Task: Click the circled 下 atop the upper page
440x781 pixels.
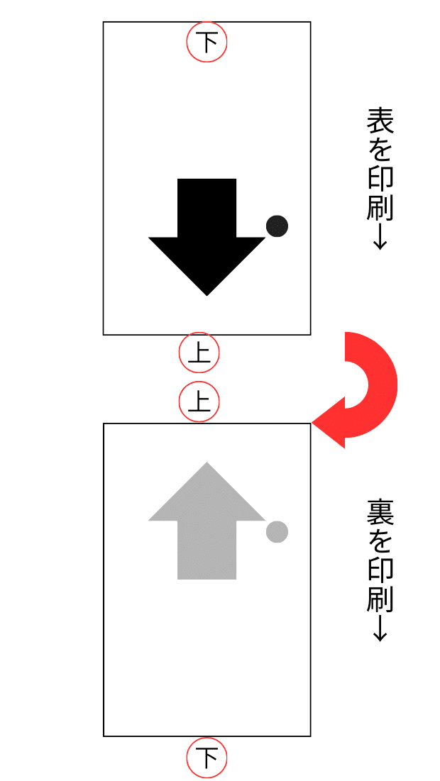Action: (207, 43)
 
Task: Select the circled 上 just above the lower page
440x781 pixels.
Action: (199, 402)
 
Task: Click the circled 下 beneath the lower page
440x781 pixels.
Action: (207, 758)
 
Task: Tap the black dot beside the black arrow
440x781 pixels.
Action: (277, 226)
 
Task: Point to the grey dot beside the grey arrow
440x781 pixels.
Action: (277, 531)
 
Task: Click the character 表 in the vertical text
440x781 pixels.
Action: (380, 122)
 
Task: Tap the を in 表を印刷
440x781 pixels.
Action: (380, 150)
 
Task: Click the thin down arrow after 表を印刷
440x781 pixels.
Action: (380, 238)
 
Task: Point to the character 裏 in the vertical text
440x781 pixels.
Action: (380, 513)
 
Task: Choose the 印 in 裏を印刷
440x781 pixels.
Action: (380, 571)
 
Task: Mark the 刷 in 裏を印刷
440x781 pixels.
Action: (380, 599)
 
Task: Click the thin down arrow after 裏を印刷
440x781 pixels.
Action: (380, 628)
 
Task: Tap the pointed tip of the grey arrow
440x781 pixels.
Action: (207, 465)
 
